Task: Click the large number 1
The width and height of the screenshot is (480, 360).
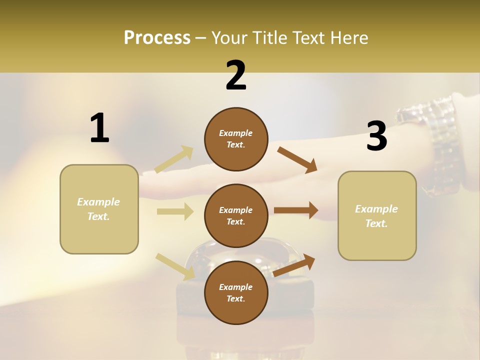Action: pyautogui.click(x=99, y=128)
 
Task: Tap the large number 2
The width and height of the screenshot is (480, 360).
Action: pyautogui.click(x=236, y=75)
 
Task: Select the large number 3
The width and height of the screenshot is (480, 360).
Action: pyautogui.click(x=376, y=136)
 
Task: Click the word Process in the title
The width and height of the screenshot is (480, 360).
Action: pyautogui.click(x=157, y=37)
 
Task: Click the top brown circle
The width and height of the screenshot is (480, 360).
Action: pyautogui.click(x=236, y=139)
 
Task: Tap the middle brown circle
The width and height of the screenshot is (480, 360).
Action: pyautogui.click(x=236, y=215)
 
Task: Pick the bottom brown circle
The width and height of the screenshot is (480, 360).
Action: pyautogui.click(x=236, y=292)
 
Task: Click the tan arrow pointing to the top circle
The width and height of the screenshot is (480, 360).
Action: pyautogui.click(x=174, y=159)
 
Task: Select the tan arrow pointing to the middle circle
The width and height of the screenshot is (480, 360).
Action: pyautogui.click(x=175, y=211)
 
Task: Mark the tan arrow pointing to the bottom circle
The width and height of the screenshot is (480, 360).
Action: pyautogui.click(x=175, y=266)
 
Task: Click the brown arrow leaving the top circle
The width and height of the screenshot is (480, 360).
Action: pyautogui.click(x=297, y=159)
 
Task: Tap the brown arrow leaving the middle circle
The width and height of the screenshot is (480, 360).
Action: pyautogui.click(x=296, y=210)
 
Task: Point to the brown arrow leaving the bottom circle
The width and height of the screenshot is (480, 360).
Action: pyautogui.click(x=294, y=265)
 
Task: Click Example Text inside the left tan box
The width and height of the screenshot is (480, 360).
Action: pyautogui.click(x=98, y=209)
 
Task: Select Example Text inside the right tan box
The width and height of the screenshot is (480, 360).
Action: pyautogui.click(x=376, y=216)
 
